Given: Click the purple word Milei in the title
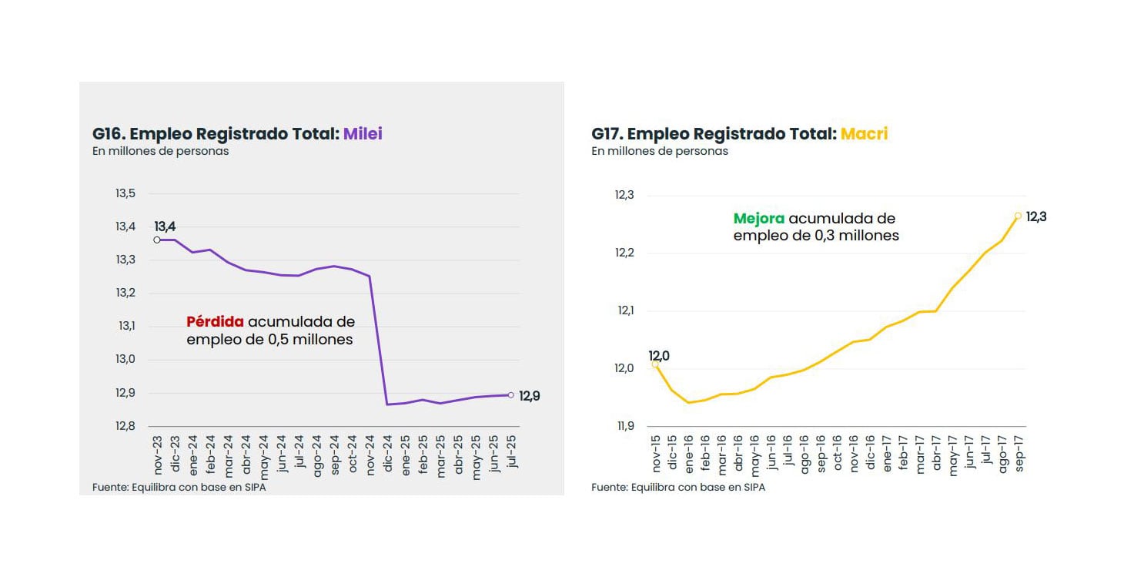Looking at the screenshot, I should pyautogui.click(x=363, y=134).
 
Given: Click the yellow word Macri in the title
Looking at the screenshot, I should pyautogui.click(x=864, y=134).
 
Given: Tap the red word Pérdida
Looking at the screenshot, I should pyautogui.click(x=215, y=322).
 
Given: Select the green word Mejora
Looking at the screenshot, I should pyautogui.click(x=758, y=219).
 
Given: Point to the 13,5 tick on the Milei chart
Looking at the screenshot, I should pyautogui.click(x=125, y=193).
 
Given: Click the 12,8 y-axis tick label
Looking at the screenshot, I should pyautogui.click(x=125, y=426).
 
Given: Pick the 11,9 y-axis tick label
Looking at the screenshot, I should pyautogui.click(x=624, y=426).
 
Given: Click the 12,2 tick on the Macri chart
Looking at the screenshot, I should pyautogui.click(x=624, y=253).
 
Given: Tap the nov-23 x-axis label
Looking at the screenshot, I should pyautogui.click(x=158, y=456).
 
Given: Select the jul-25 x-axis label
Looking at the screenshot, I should pyautogui.click(x=510, y=455).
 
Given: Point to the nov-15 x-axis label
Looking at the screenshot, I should pyautogui.click(x=657, y=455).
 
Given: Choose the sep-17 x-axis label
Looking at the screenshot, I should pyautogui.click(x=1019, y=455).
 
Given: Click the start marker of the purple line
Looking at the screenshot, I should pyautogui.click(x=157, y=240).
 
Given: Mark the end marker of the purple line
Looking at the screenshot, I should pyautogui.click(x=510, y=395).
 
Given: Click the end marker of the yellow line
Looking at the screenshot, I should pyautogui.click(x=1018, y=216).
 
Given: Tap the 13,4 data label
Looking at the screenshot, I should pyautogui.click(x=166, y=226).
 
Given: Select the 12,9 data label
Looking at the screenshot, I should pyautogui.click(x=530, y=397).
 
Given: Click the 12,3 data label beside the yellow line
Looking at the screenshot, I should pyautogui.click(x=1036, y=217).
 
